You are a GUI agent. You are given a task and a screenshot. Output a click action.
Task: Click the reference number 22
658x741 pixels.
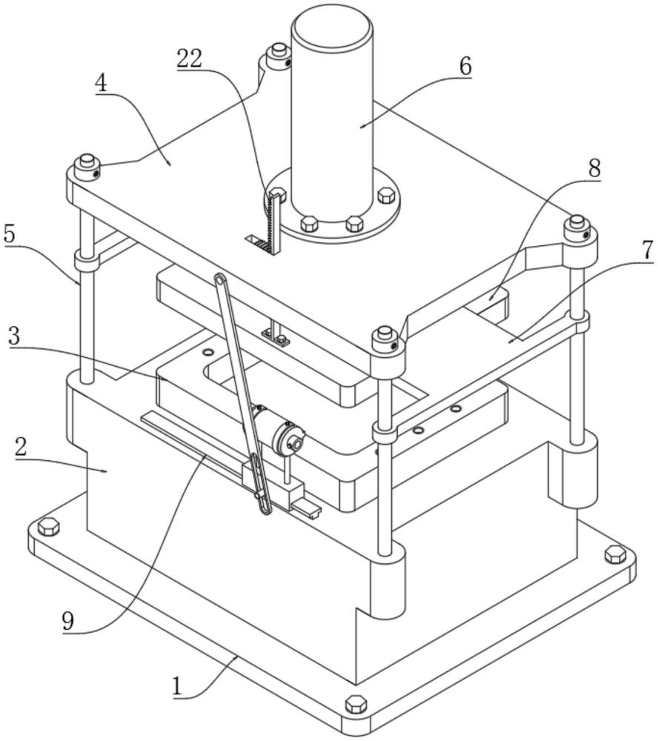pos(190,59)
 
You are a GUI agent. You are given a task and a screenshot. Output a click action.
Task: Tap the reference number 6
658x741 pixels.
pos(465,66)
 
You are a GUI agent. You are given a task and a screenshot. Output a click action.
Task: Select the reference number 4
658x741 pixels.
pos(101,84)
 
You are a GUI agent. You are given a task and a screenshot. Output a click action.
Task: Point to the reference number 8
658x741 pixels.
pos(594,167)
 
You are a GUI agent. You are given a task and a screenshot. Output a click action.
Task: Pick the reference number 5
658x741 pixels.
pos(10,233)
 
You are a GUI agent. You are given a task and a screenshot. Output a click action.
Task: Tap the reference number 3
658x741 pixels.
pos(15,336)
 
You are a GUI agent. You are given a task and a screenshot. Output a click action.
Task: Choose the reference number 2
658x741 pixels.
pos(21,447)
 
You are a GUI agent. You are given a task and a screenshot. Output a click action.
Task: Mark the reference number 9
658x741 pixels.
pos(68,622)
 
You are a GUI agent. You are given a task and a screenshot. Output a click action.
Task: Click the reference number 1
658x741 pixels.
pos(177,686)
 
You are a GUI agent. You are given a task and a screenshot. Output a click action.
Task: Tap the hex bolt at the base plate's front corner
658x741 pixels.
pos(356,704)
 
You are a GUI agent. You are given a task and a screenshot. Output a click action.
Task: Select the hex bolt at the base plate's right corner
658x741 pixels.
pos(616,554)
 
